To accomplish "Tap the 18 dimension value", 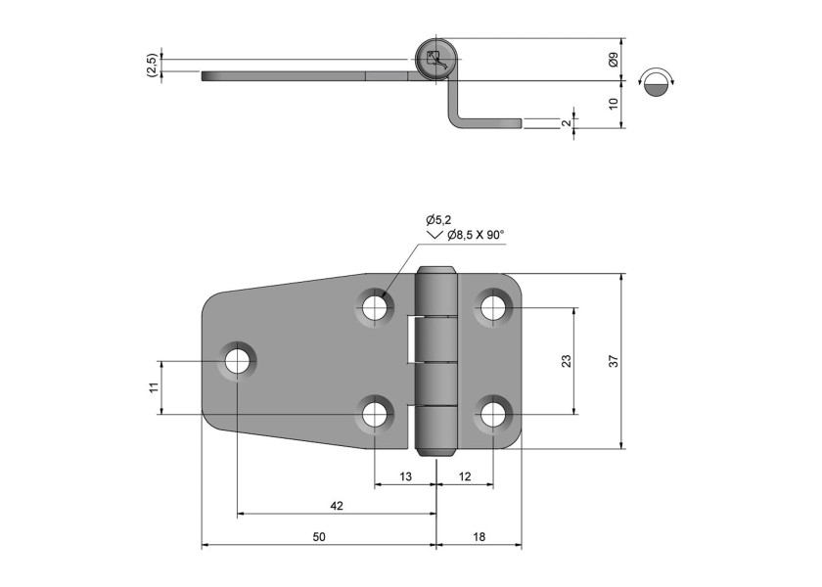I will pyautogui.click(x=478, y=537).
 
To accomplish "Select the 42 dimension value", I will pyautogui.click(x=336, y=506).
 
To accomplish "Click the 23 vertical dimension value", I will pyautogui.click(x=567, y=362).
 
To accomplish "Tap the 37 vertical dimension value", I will pyautogui.click(x=614, y=362).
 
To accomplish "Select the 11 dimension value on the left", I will pyautogui.click(x=153, y=387).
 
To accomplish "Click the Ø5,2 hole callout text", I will pyautogui.click(x=438, y=220).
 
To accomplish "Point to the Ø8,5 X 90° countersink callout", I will pyautogui.click(x=474, y=235).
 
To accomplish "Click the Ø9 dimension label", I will pyautogui.click(x=614, y=60).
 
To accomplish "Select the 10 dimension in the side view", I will pyautogui.click(x=614, y=104).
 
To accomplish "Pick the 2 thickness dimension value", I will pyautogui.click(x=566, y=123).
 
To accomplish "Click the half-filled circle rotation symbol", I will pyautogui.click(x=657, y=83).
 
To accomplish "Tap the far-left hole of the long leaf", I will pyautogui.click(x=237, y=361).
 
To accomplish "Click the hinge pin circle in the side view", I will pyautogui.click(x=432, y=60).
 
